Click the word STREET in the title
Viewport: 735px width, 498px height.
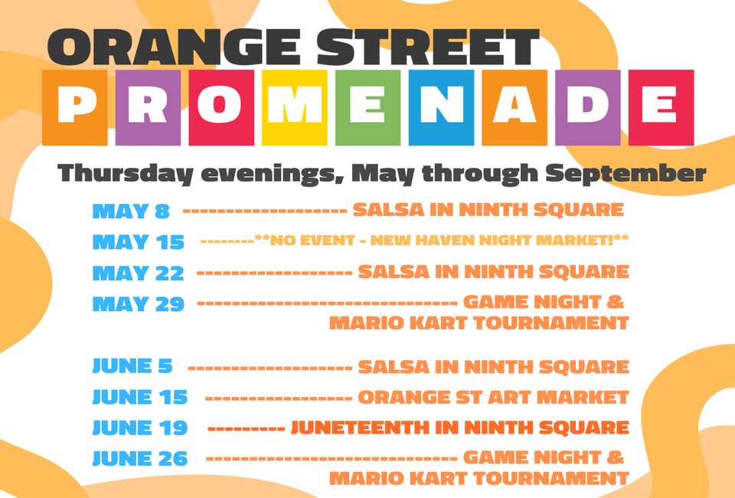point(428,47)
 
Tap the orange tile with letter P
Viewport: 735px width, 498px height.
point(75,107)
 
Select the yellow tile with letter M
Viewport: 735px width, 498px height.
point(294,107)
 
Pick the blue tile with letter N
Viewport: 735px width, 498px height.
point(441,107)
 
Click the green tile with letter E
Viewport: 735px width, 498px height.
point(368,107)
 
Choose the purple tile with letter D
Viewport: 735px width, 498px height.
point(588,107)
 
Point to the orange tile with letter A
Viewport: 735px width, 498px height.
point(514,107)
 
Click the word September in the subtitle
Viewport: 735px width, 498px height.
point(626,173)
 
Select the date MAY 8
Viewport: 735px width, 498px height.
point(131,211)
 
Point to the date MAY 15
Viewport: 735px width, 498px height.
point(139,242)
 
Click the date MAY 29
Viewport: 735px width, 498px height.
point(139,304)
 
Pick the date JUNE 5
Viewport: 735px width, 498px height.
point(132,365)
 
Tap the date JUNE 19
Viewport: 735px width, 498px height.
point(139,428)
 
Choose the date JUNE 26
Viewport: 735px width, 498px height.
point(139,459)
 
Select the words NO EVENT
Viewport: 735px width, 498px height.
point(312,241)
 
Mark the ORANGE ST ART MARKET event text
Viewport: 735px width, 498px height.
point(493,397)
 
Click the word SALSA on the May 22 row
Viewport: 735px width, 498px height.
point(394,271)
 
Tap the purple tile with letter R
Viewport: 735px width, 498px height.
point(148,107)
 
